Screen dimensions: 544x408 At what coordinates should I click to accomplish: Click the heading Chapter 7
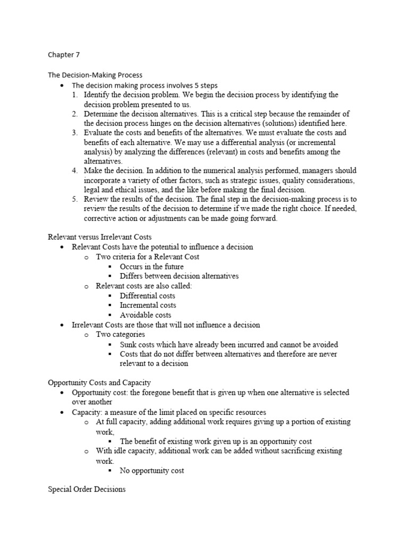64,54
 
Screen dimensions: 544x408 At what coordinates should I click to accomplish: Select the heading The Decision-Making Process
95,75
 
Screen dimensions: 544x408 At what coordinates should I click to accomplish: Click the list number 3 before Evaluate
74,133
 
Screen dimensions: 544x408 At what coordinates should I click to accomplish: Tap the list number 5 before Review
74,199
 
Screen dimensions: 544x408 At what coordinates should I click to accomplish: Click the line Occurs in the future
151,266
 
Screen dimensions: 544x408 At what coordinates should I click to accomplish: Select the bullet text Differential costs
147,295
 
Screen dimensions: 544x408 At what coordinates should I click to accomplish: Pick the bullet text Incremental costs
148,305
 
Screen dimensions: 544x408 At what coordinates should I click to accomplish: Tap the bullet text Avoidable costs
146,314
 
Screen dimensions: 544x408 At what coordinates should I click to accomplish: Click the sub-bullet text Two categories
120,334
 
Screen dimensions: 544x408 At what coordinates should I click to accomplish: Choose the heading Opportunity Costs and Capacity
99,382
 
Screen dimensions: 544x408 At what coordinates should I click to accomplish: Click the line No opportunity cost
152,471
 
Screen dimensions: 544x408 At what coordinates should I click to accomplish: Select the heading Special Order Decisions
87,489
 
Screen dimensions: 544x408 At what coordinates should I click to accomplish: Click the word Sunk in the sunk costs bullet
129,344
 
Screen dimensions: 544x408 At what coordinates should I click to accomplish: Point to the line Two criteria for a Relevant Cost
148,257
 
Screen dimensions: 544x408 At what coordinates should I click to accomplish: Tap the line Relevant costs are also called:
143,286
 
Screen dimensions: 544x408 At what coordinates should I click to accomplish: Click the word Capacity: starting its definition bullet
87,412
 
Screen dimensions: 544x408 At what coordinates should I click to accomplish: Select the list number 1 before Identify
74,95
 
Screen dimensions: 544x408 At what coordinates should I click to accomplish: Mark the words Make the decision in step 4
112,171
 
